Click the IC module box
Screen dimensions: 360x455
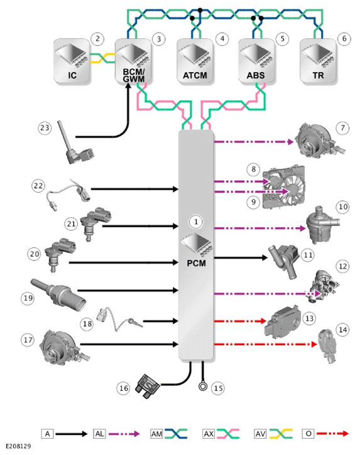click(72, 62)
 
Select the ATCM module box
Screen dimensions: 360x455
click(195, 62)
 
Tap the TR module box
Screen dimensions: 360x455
click(318, 62)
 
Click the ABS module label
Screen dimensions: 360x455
click(256, 75)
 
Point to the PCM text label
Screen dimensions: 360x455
click(196, 263)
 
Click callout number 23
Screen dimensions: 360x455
click(45, 127)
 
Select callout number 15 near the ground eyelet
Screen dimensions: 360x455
click(218, 388)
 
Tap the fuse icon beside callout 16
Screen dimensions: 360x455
click(148, 386)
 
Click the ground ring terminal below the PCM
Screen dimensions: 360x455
click(203, 386)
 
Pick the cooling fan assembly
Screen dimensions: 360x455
click(284, 187)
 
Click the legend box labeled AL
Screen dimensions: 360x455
click(99, 434)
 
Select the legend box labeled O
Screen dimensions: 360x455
click(308, 434)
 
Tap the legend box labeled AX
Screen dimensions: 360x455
click(209, 434)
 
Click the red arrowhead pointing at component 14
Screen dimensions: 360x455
click(314, 345)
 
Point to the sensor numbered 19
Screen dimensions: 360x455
click(58, 294)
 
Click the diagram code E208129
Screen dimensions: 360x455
click(18, 446)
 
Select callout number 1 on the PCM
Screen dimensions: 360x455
click(196, 222)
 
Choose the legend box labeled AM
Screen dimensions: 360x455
click(156, 434)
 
